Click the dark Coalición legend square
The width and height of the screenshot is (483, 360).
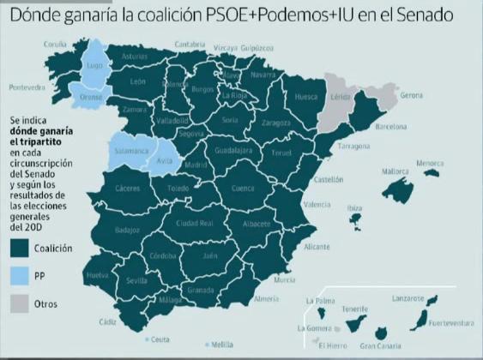[19, 248]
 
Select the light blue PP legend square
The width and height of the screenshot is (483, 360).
[19, 277]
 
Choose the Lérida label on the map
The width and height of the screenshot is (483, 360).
[341, 99]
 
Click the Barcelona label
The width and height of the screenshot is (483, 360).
[390, 126]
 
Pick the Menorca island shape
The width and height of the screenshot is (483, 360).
[432, 172]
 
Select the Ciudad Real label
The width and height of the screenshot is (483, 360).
[195, 223]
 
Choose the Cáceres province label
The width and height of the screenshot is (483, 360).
[127, 188]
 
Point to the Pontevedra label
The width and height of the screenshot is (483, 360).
[27, 87]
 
